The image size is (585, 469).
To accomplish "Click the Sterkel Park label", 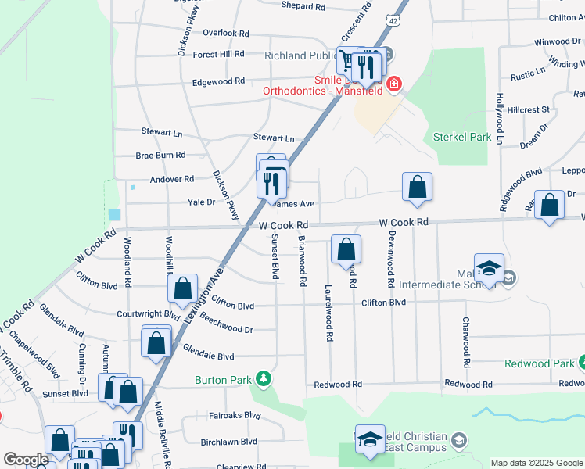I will pos(462,138).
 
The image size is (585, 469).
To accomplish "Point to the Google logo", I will pos(25,459).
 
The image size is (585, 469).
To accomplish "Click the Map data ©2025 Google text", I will pos(536,463).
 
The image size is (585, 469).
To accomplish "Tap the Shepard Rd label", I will pos(303,6).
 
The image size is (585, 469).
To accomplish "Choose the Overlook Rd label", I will pos(225,34).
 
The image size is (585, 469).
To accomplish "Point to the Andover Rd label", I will pos(171,179).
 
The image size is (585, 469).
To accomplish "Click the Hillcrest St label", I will pos(528,110).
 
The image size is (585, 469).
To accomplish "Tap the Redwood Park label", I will pos(539,363).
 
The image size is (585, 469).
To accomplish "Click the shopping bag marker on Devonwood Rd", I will pos(418,188).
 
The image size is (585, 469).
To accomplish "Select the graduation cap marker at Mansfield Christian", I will pos(370,441).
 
